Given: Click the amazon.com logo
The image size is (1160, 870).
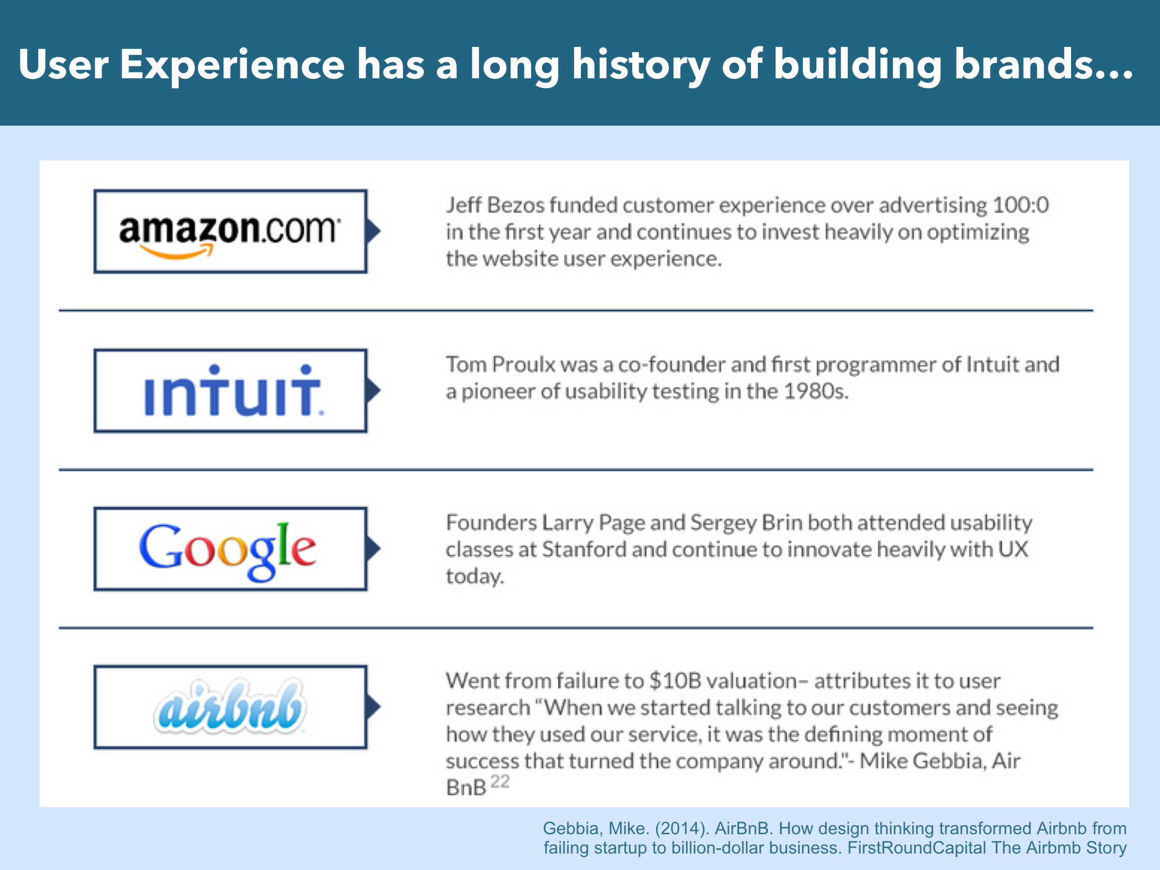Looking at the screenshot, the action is pos(230,235).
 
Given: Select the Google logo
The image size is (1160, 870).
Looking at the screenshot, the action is pos(228,551).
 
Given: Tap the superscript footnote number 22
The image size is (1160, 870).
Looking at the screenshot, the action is pos(500,782).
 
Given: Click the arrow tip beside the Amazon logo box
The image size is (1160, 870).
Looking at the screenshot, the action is pos(380,231).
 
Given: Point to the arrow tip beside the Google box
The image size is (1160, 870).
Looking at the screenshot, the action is pos(380,549).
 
